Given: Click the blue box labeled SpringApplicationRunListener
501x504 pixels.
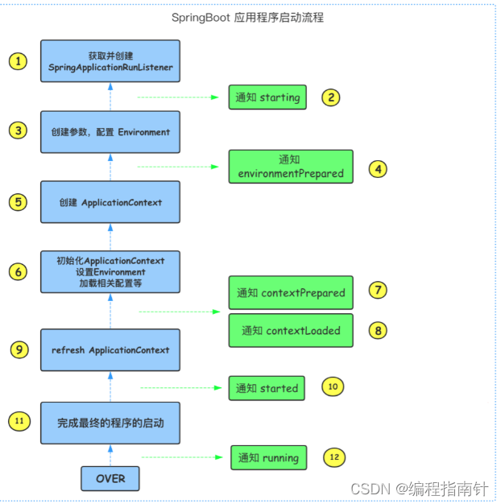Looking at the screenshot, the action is click(x=110, y=61).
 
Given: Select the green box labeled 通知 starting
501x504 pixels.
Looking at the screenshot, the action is click(x=267, y=97).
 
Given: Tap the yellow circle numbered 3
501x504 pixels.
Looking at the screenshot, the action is click(x=18, y=130).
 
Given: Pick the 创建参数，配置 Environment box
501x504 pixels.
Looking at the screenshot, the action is click(x=110, y=132).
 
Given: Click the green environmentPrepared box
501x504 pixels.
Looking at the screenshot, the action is click(x=291, y=167).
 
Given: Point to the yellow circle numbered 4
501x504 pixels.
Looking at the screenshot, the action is click(x=378, y=169).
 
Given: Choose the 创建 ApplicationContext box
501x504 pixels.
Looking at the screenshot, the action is click(x=110, y=202).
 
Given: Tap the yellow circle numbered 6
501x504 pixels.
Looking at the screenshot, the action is click(x=18, y=271).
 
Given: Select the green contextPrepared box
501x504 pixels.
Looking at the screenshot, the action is click(x=291, y=292).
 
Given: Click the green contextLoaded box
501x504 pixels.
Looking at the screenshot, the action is click(x=291, y=330).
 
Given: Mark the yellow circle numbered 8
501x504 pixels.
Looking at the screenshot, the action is click(x=378, y=330).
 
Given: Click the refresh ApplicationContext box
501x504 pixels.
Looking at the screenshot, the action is click(x=110, y=349).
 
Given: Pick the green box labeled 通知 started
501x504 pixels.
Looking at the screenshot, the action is click(x=267, y=388).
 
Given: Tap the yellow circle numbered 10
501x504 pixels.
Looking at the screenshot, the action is click(x=333, y=386).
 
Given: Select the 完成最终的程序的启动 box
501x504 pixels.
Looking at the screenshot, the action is click(x=110, y=423).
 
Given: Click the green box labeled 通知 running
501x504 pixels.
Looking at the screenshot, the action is click(x=268, y=457).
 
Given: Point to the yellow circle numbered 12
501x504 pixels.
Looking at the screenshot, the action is click(x=334, y=457).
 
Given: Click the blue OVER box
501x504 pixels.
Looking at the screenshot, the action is click(x=110, y=478).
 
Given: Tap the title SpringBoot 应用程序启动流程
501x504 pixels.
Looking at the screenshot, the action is click(x=247, y=18).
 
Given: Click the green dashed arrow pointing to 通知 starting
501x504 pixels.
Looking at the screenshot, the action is click(x=178, y=97).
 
